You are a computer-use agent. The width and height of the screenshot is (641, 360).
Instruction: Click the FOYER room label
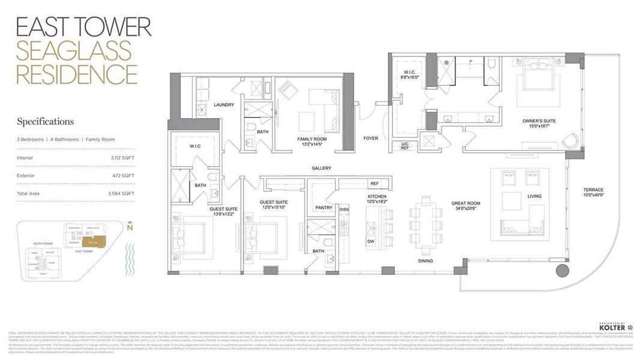(371, 138)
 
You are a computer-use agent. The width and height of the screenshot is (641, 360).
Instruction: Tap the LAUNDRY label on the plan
(223, 104)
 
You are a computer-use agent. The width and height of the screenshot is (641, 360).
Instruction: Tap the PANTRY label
(324, 208)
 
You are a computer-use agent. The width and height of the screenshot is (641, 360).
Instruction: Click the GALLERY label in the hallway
(322, 168)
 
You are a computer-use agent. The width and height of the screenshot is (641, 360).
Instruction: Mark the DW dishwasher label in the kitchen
(370, 241)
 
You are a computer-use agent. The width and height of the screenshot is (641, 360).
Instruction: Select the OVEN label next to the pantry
(344, 209)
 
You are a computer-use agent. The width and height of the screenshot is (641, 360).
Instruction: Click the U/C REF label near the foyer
(405, 146)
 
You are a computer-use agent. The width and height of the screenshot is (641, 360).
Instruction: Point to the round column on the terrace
(562, 271)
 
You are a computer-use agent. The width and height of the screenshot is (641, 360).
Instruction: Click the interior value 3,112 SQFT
(122, 158)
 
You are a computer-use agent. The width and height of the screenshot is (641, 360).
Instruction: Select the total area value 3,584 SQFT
(122, 193)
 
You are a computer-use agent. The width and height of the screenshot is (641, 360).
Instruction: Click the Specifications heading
(45, 122)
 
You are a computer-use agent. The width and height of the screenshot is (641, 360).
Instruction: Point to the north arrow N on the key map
(130, 227)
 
